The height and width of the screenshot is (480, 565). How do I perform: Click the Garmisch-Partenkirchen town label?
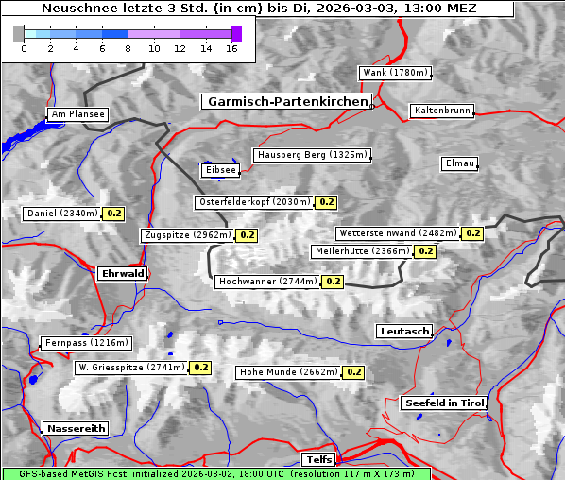(285, 101)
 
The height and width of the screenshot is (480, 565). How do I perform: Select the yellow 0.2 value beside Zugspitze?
(247, 235)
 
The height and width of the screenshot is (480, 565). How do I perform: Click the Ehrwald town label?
(122, 273)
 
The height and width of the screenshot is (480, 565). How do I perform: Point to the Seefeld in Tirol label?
(444, 403)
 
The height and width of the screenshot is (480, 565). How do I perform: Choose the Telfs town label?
(317, 459)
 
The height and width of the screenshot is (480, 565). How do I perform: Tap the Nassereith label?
(76, 428)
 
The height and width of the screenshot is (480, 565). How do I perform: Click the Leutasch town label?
(404, 331)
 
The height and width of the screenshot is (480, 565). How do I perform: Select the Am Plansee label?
(77, 114)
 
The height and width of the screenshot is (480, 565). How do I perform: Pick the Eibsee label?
(219, 170)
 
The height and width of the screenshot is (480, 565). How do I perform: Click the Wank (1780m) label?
(395, 73)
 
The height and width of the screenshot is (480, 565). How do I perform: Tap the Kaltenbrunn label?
(441, 111)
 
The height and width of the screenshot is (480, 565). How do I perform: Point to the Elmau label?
(459, 163)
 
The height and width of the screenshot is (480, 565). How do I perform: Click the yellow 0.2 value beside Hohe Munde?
(353, 372)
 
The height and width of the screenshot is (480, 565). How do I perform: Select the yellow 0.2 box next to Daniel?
(113, 214)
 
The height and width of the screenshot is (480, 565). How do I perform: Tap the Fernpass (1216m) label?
(85, 343)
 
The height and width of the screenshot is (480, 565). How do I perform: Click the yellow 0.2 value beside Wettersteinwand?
(472, 233)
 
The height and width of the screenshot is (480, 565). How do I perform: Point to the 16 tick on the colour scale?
(231, 48)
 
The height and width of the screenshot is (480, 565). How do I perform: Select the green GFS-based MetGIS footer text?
(215, 473)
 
